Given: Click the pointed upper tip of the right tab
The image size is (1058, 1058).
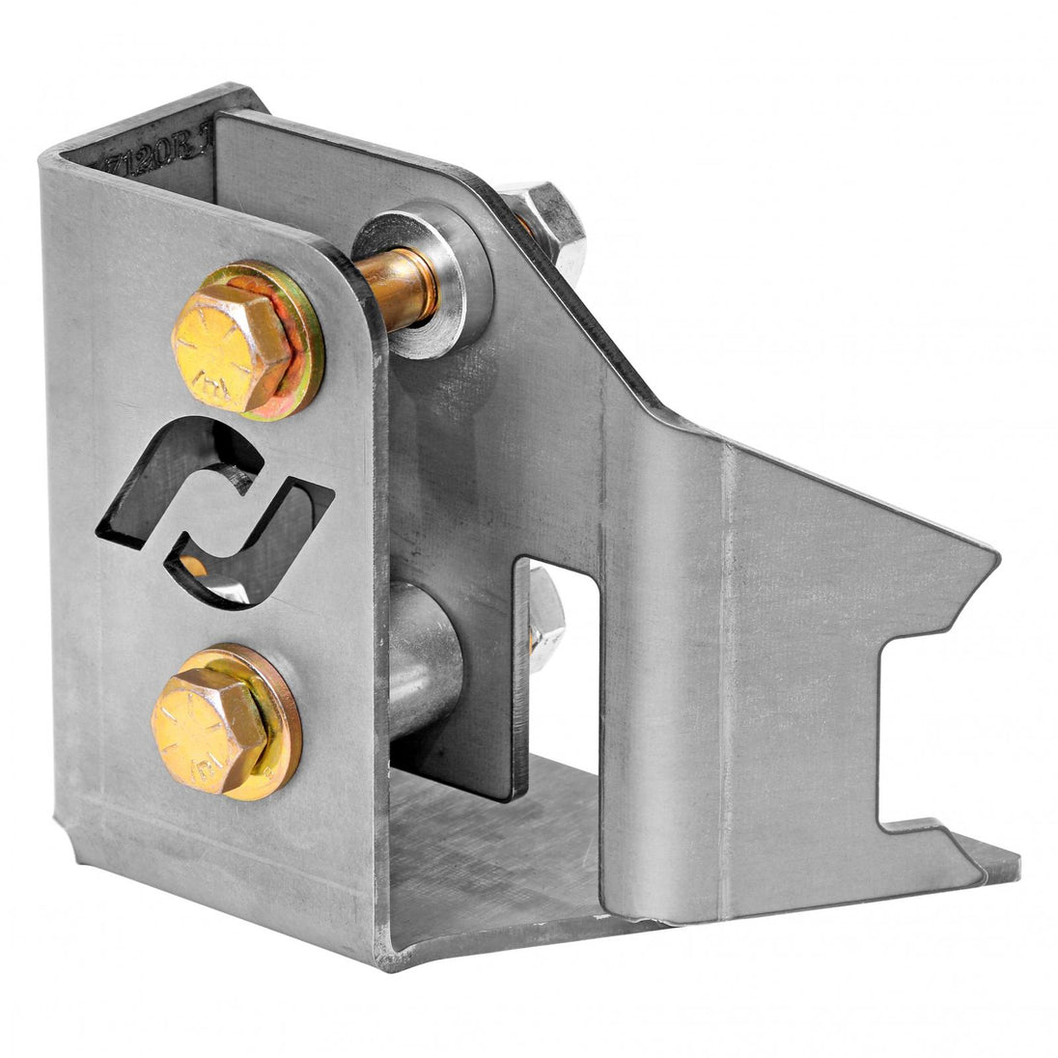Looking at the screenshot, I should (994, 555).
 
